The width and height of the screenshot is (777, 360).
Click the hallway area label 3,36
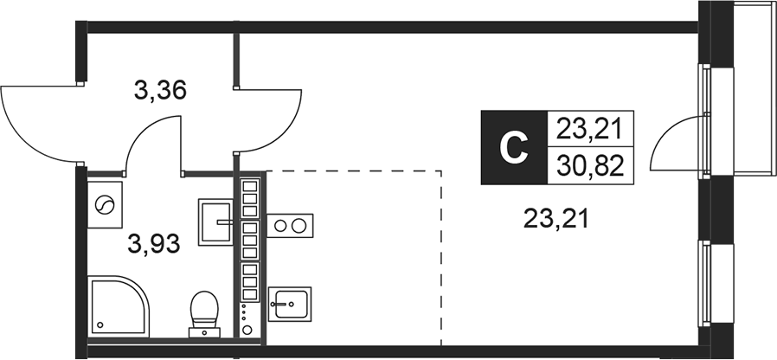coord(160,89)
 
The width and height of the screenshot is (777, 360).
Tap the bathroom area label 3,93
coord(153,244)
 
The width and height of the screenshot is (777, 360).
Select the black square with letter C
coord(514,148)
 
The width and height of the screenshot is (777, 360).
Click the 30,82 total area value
coord(591,165)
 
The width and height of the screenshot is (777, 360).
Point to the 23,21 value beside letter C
coord(591,130)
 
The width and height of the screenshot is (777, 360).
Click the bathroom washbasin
coord(216,223)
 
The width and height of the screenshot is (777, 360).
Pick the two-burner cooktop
coord(290,227)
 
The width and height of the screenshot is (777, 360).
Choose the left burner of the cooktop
coord(281,227)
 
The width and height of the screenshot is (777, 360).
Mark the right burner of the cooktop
coord(299,227)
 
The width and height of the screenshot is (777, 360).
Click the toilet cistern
coord(204,330)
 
